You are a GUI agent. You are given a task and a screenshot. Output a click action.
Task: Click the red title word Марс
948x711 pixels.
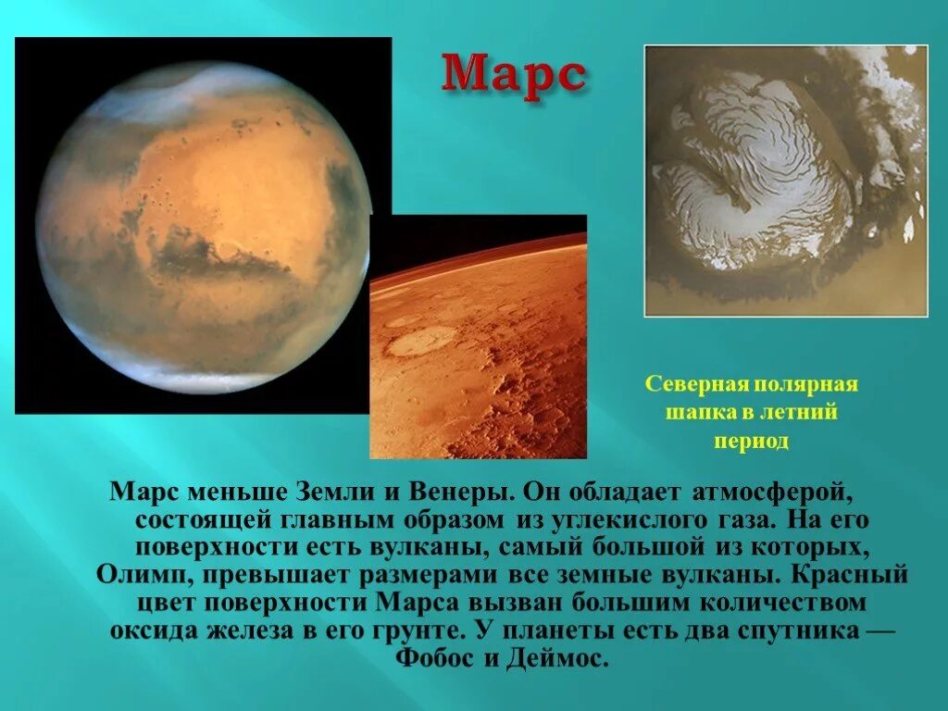click(x=513, y=74)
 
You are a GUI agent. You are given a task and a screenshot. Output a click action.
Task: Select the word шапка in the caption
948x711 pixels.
click(x=698, y=412)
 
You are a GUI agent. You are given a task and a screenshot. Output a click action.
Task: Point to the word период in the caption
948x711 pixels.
click(x=751, y=441)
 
